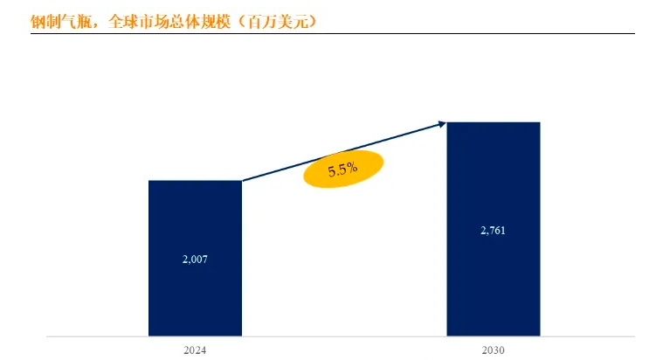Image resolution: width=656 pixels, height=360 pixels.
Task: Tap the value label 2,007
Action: (195, 259)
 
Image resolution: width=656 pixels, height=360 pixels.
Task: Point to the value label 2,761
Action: (494, 231)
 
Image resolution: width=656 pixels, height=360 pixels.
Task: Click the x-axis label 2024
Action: (195, 350)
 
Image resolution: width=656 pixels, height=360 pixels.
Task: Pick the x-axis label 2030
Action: (493, 350)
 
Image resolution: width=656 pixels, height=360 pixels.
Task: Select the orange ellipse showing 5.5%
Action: (343, 170)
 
